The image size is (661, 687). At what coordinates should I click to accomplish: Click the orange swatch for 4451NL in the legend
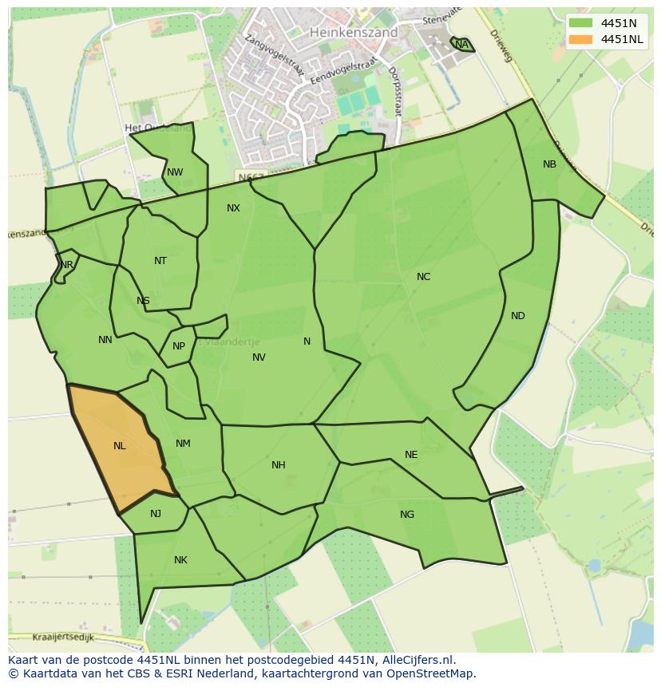pos(581,39)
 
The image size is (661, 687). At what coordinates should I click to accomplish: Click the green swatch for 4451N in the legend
pos(581,23)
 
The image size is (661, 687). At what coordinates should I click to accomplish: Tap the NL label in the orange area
pos(120,446)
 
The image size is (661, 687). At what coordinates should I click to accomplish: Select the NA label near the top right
pos(461,45)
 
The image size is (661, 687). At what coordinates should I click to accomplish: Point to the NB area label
pos(549,164)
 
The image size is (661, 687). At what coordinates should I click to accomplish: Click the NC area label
pos(423,277)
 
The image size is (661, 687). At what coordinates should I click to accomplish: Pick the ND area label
pos(518,316)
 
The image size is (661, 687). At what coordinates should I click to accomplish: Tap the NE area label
pos(411,455)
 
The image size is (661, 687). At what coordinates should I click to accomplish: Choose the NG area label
pos(407,515)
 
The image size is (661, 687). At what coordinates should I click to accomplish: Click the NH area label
pos(278,465)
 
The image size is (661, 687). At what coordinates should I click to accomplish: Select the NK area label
pos(180,560)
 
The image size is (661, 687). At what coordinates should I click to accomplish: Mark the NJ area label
pos(156,514)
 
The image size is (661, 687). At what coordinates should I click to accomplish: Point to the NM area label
pos(183,444)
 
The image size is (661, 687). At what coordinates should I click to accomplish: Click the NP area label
pos(179,346)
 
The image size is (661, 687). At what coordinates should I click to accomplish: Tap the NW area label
pos(175,172)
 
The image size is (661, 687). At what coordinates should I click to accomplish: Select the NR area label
pos(67,265)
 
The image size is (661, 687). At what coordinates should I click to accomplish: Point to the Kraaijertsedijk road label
pos(64,638)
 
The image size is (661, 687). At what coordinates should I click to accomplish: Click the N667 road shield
pos(250,176)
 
